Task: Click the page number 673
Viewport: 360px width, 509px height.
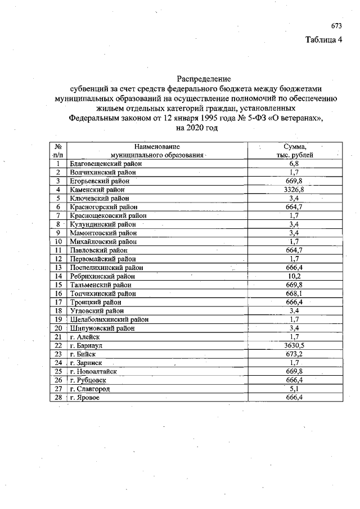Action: point(336,26)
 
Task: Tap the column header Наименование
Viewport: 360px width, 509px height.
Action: point(157,146)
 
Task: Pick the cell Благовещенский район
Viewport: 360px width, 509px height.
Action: point(106,164)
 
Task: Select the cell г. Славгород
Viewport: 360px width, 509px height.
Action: point(89,389)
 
